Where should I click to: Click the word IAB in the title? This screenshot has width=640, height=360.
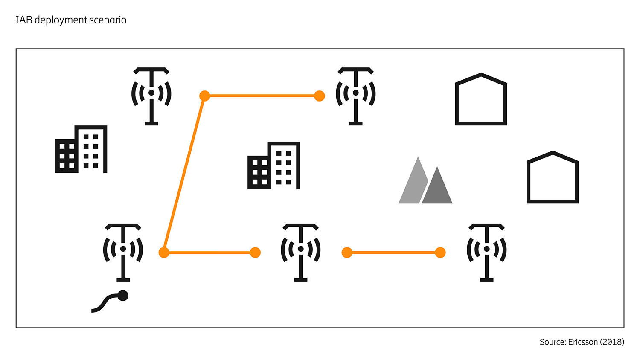tap(24, 20)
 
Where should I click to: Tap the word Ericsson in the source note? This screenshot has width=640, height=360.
tap(583, 342)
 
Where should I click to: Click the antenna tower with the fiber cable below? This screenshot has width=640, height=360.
tap(123, 252)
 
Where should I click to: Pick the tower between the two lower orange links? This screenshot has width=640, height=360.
tap(301, 252)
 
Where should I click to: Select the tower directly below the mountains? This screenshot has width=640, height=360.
tap(486, 252)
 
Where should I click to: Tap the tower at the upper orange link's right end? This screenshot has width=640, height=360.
tap(355, 96)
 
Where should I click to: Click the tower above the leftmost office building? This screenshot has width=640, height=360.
tap(151, 96)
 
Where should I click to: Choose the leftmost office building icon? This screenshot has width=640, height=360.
tap(81, 150)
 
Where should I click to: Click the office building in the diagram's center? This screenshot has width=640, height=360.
tap(274, 166)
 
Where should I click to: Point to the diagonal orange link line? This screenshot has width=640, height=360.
tap(184, 174)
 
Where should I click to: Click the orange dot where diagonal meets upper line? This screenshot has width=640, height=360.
tap(205, 96)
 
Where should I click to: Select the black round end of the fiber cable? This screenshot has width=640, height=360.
tap(123, 296)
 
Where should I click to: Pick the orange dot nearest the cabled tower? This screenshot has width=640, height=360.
tap(164, 253)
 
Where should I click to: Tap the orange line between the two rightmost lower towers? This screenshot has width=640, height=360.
tap(393, 253)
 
